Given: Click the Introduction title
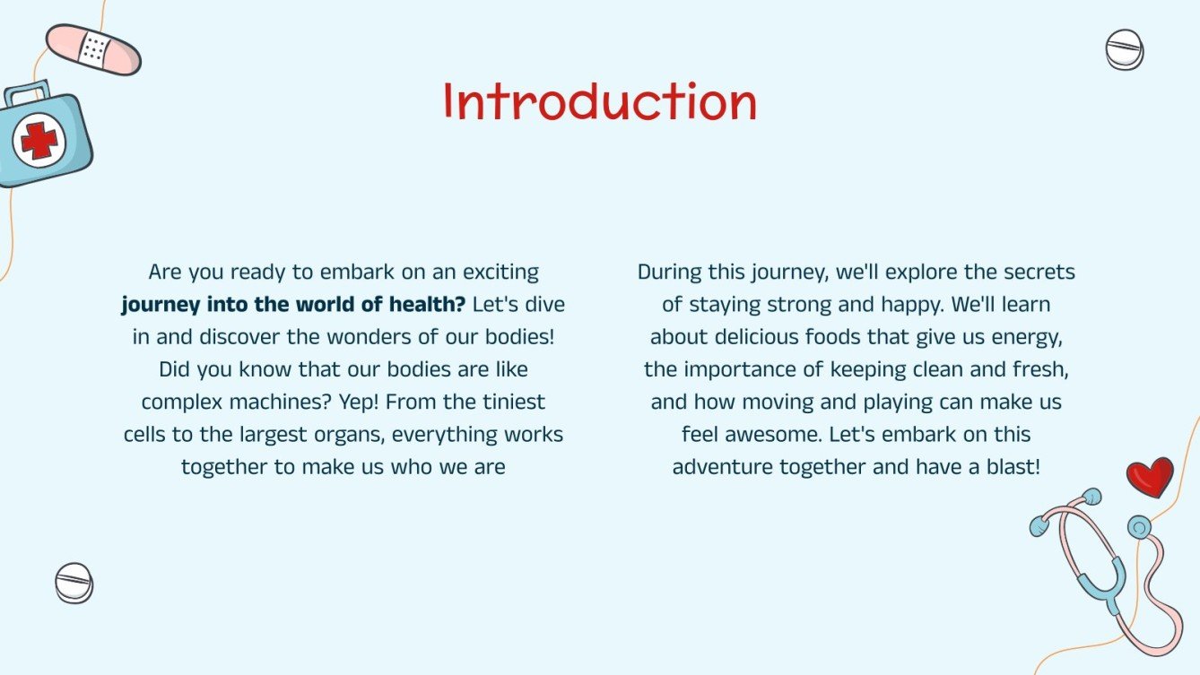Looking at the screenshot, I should click(600, 102).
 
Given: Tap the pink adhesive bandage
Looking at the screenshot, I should click(93, 49).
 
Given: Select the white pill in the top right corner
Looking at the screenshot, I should click(1124, 49).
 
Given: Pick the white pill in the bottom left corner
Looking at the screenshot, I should click(74, 583).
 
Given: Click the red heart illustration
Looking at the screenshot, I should click(1149, 476).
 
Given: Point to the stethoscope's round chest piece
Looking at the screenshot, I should click(1139, 527).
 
